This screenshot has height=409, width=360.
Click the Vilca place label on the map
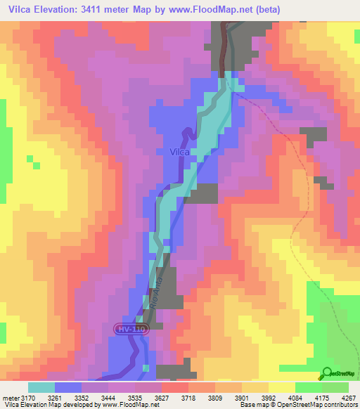[x=180, y=151]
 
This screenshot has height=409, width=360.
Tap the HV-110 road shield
[x=131, y=329]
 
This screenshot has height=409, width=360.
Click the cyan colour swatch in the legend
[x=41, y=387]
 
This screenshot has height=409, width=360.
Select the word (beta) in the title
[x=304, y=10]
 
